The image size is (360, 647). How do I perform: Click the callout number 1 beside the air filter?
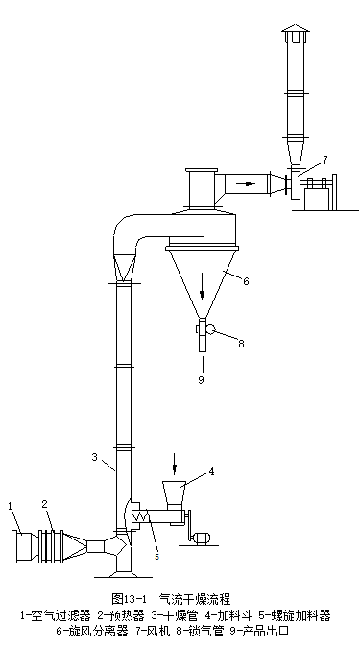coord(11,506)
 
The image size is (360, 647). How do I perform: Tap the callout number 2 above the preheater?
coord(44,504)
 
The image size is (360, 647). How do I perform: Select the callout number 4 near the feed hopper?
coord(211,471)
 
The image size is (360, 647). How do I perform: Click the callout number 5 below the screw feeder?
coord(156,557)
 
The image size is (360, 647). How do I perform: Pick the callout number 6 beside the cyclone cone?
coord(246,281)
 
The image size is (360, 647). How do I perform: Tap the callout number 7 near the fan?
coord(324,160)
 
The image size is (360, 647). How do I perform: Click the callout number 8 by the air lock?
coord(242,344)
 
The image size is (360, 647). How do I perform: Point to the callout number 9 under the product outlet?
coord(201,379)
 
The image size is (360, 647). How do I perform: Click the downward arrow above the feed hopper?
coord(174,464)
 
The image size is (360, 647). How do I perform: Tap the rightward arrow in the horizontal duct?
coord(248,183)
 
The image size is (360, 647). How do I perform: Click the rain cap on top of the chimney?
coord(296,28)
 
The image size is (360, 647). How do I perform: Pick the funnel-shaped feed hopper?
coord(174,492)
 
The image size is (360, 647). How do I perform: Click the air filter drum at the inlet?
coord(23,547)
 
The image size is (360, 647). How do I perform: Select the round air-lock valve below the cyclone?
coord(210,329)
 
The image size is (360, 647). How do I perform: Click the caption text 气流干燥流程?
coord(195,599)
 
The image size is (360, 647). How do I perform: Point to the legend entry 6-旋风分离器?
coord(92,631)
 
